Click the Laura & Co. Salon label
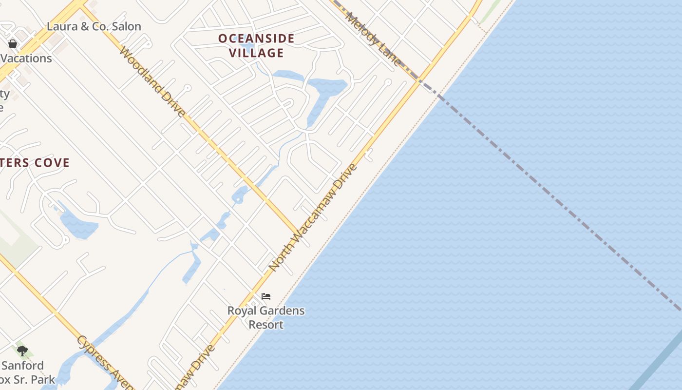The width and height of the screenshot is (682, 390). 94,26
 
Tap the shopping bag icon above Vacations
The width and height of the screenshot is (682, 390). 13,44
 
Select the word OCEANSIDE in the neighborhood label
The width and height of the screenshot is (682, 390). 256,39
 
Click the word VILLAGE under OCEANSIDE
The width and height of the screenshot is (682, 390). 256,53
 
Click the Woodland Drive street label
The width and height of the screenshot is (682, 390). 152,81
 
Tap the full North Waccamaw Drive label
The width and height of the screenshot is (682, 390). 313,218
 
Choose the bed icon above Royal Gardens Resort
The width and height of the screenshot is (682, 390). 266,296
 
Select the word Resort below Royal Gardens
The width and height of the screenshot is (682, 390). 266,325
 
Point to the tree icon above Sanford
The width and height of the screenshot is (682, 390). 22,351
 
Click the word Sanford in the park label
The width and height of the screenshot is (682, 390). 22,366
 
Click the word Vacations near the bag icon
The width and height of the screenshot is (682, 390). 26,58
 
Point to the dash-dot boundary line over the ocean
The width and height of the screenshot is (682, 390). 560,205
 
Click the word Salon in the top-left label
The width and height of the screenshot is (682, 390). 126,26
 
